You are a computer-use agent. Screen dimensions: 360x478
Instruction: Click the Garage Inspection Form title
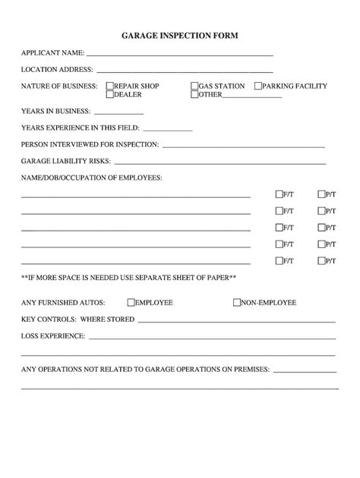tap(180, 36)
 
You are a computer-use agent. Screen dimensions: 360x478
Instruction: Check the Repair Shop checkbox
tap(110, 86)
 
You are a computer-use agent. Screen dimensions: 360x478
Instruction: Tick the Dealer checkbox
tap(110, 95)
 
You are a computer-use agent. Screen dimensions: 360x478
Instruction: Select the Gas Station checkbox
tap(194, 86)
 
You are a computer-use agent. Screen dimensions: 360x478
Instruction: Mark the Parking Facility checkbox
tap(258, 86)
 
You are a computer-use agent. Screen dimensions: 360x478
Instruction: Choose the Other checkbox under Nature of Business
tap(194, 95)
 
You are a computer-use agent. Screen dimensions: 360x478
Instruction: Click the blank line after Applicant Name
tap(180, 55)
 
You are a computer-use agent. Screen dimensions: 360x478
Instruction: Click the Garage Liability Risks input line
tap(219, 162)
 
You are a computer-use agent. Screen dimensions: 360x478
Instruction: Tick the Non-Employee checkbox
tap(237, 303)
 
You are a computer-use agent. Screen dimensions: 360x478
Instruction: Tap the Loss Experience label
tap(52, 335)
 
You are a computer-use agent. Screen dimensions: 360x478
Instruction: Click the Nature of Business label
tap(59, 86)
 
